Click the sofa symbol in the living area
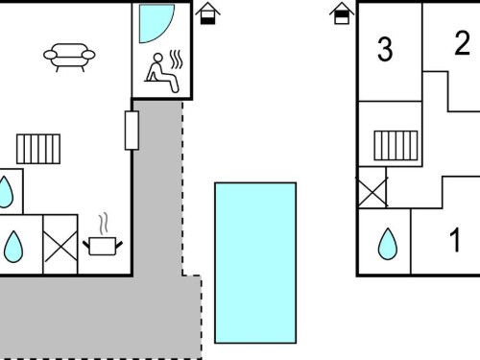click(69, 57)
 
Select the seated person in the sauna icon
click(162, 74)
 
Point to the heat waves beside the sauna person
click(176, 60)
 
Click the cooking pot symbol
click(103, 246)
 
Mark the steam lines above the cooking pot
click(103, 224)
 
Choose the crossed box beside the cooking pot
click(60, 245)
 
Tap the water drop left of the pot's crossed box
click(13, 247)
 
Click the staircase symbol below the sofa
click(38, 149)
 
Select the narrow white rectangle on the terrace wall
click(132, 131)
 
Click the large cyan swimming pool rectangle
click(255, 263)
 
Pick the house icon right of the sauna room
click(208, 13)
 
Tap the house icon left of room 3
click(342, 13)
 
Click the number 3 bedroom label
click(385, 49)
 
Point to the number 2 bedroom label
click(462, 43)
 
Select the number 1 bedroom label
click(455, 239)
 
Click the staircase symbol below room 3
click(396, 145)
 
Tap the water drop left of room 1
click(388, 244)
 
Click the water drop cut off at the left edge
click(6, 192)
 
